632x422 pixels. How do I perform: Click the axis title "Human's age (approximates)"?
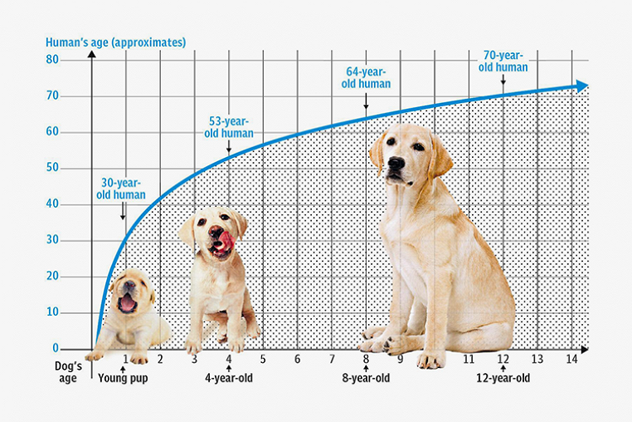tap(116, 42)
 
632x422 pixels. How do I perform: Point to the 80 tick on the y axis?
tap(52, 60)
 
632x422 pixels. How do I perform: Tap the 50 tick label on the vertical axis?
tap(52, 168)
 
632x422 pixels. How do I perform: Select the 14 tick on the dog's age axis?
tap(571, 359)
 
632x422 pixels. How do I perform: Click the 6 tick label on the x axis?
tap(297, 359)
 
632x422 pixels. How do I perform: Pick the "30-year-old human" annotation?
tap(122, 189)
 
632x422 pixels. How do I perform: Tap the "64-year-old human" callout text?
tap(367, 77)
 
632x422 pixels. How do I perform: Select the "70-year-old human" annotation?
tap(504, 61)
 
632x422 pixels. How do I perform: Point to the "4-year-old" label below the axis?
tap(229, 378)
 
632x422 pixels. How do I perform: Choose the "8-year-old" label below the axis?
tap(365, 378)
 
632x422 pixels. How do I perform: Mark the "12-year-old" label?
tap(503, 378)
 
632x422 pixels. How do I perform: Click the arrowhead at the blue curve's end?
tap(583, 86)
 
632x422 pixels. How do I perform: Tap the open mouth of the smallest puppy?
tap(127, 302)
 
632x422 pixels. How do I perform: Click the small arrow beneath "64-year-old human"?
tap(366, 104)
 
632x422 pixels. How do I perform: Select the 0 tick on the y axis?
tap(56, 348)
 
